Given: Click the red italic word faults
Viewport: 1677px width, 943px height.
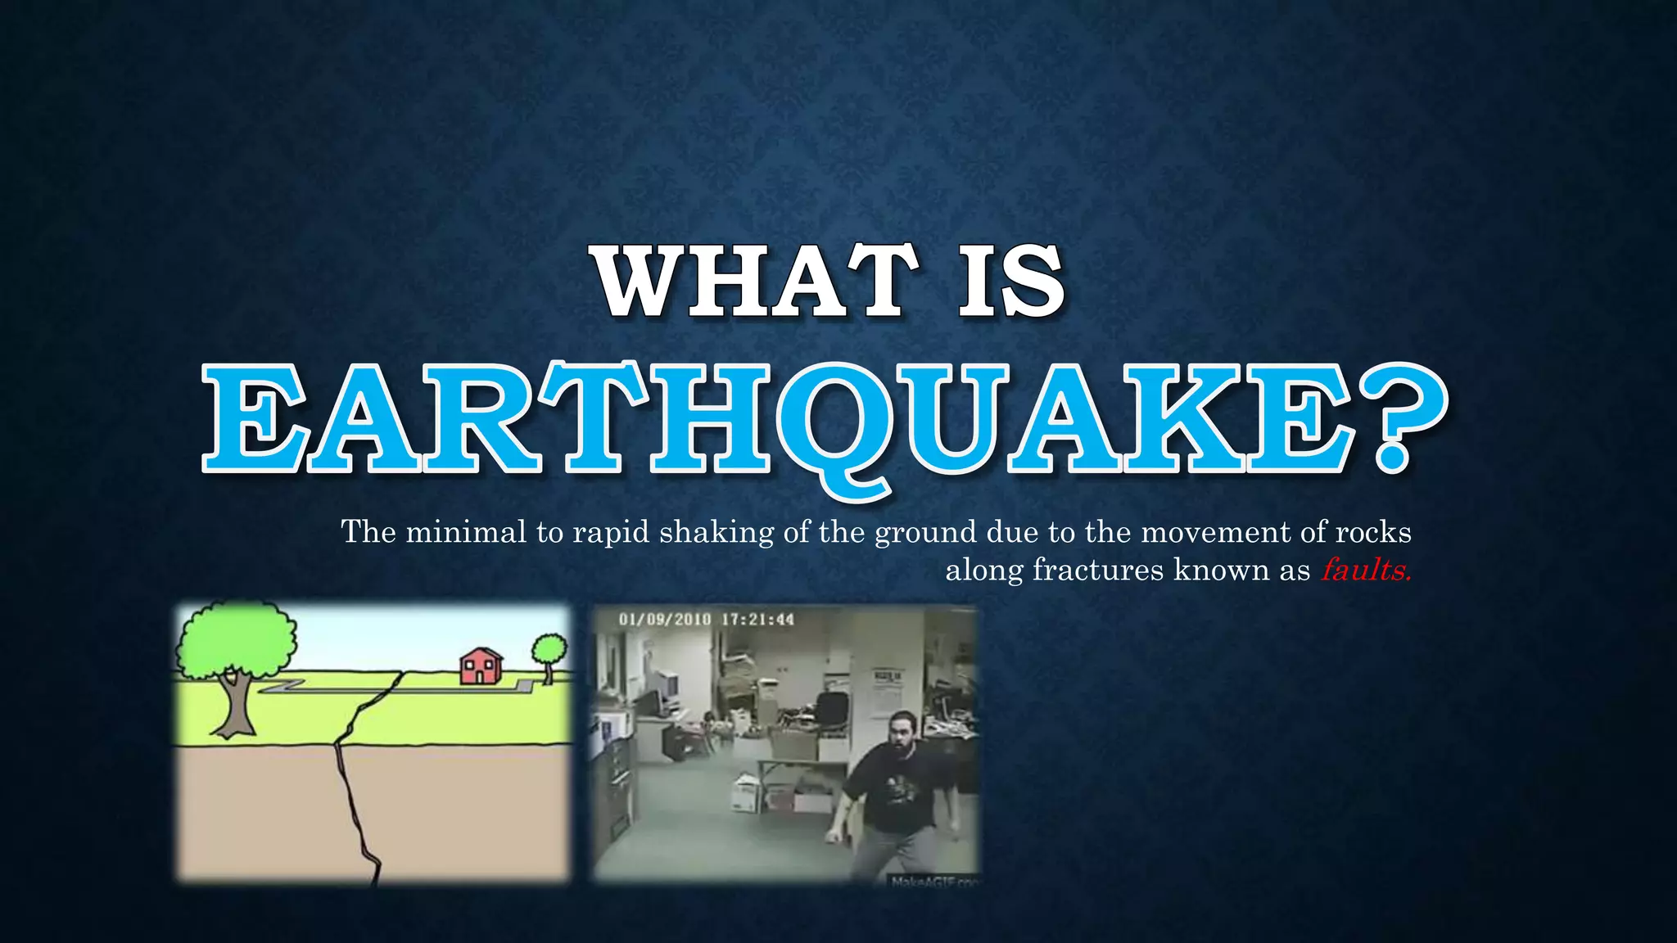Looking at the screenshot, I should point(1365,570).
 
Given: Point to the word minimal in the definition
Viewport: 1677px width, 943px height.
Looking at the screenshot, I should point(465,532).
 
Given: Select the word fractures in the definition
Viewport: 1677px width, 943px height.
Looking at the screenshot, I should point(1097,570).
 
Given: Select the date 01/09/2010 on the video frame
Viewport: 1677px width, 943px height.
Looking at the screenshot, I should point(664,619).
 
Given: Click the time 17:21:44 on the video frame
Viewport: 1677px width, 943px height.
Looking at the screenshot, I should point(757,619).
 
